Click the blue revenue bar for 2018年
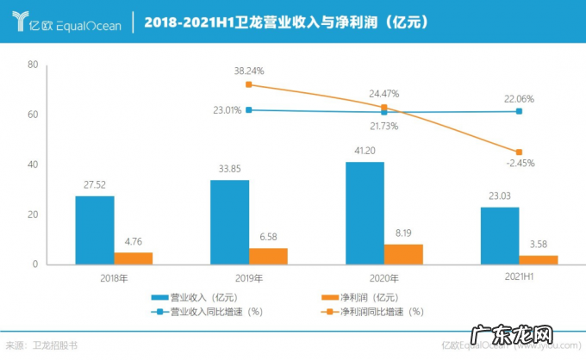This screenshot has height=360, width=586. coord(94,230)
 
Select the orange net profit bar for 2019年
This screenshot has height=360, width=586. coord(268,256)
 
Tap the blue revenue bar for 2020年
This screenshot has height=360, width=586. coord(365,213)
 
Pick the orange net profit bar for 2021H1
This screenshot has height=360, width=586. coord(538,259)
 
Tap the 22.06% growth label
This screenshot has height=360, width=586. coord(520,99)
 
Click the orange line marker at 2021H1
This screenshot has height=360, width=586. coord(518,152)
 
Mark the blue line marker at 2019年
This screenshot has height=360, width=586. coord(249,110)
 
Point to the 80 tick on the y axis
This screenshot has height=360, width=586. coord(32,65)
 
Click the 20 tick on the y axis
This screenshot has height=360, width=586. coord(32,214)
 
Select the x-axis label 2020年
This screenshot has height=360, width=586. coord(383,277)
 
